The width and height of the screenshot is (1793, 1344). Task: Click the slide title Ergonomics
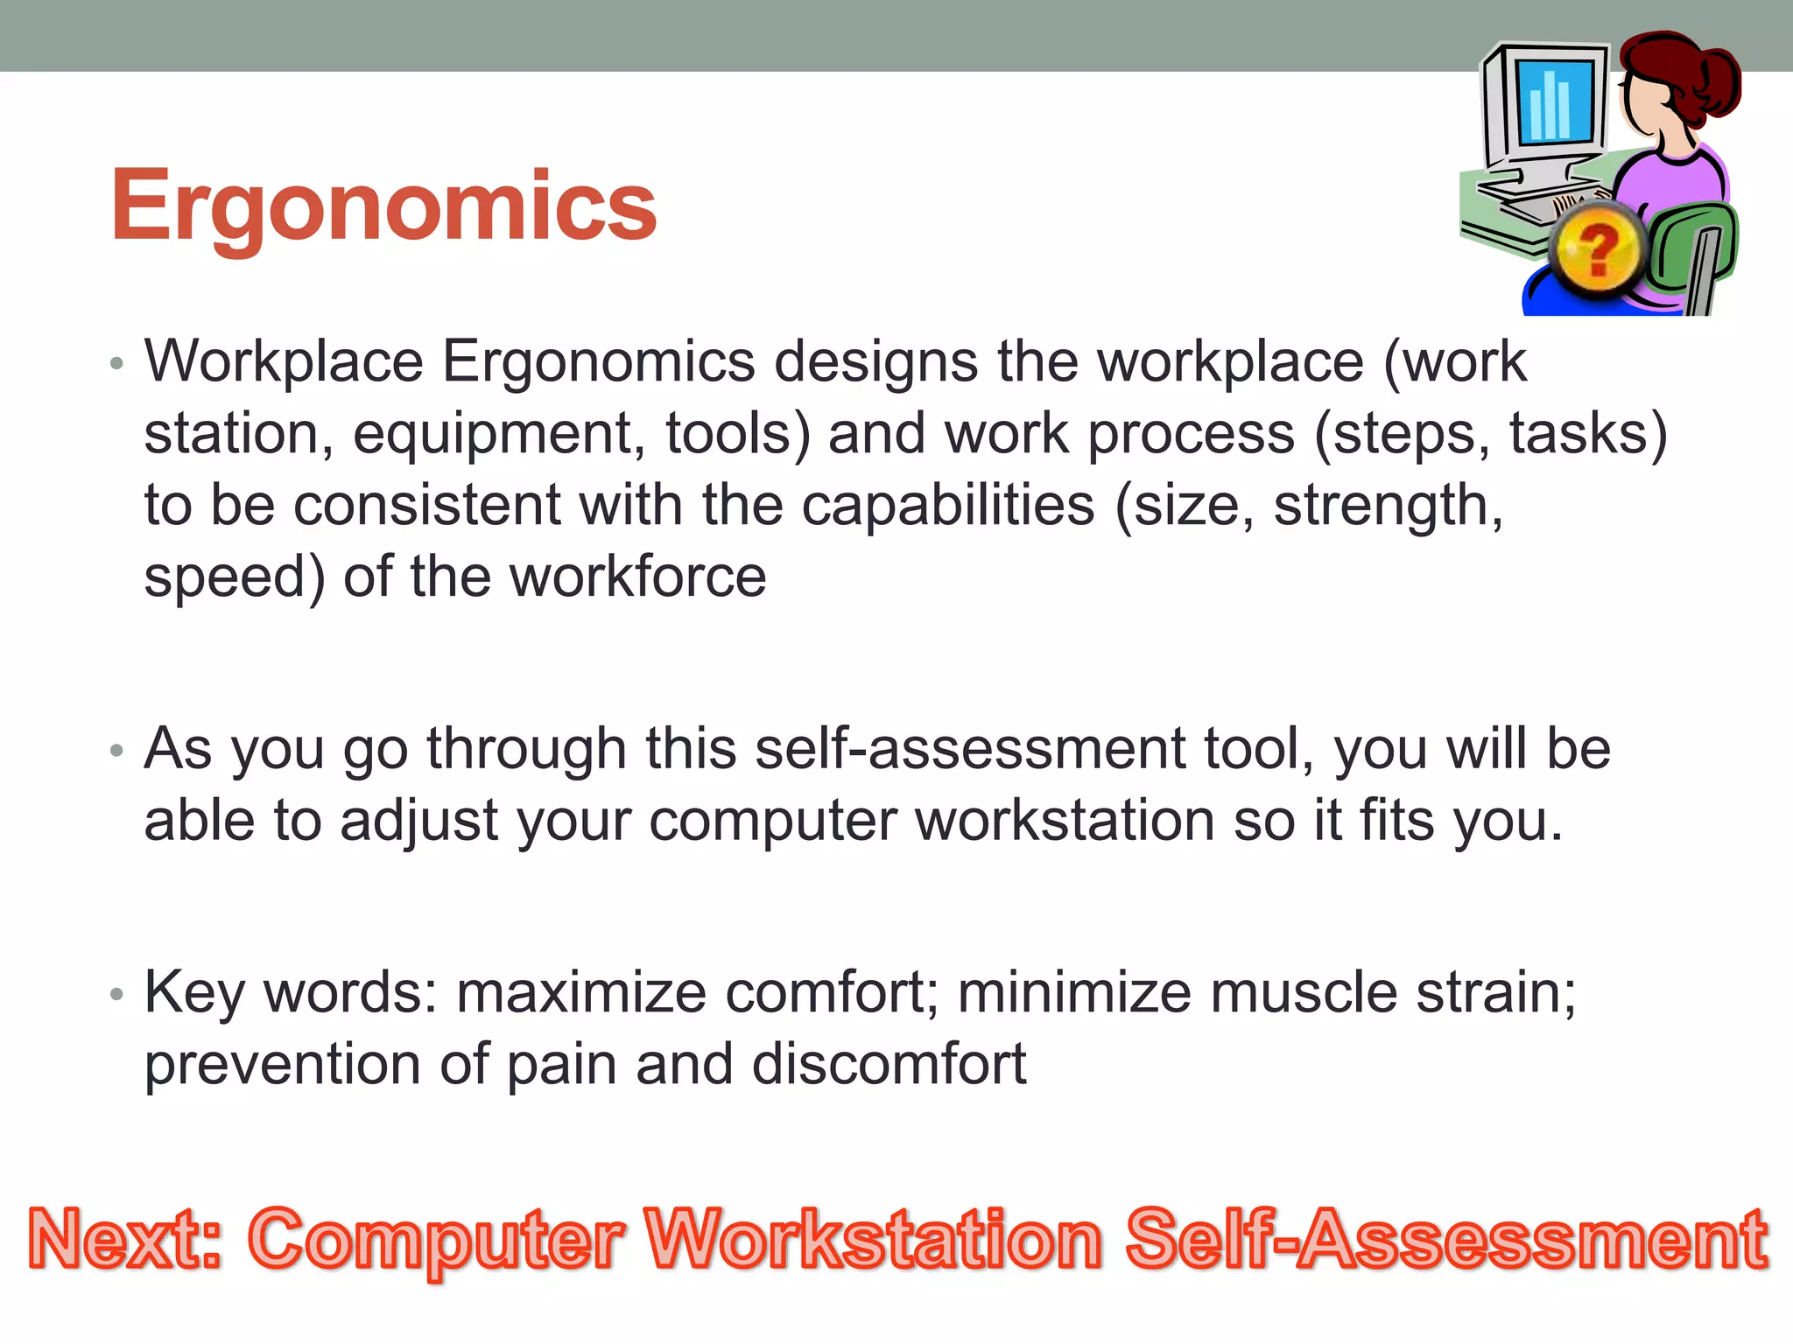point(383,206)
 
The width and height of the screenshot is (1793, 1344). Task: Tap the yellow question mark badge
point(1599,250)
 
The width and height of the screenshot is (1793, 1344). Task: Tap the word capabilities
point(948,506)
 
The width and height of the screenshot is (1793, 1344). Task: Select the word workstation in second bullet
point(1064,822)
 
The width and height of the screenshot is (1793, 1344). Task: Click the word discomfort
point(889,1065)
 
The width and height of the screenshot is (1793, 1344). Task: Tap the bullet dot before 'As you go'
point(117,751)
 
